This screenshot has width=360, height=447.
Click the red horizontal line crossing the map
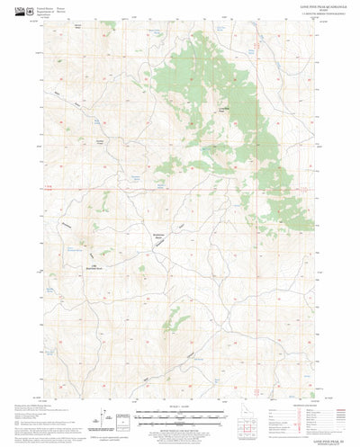180,188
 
